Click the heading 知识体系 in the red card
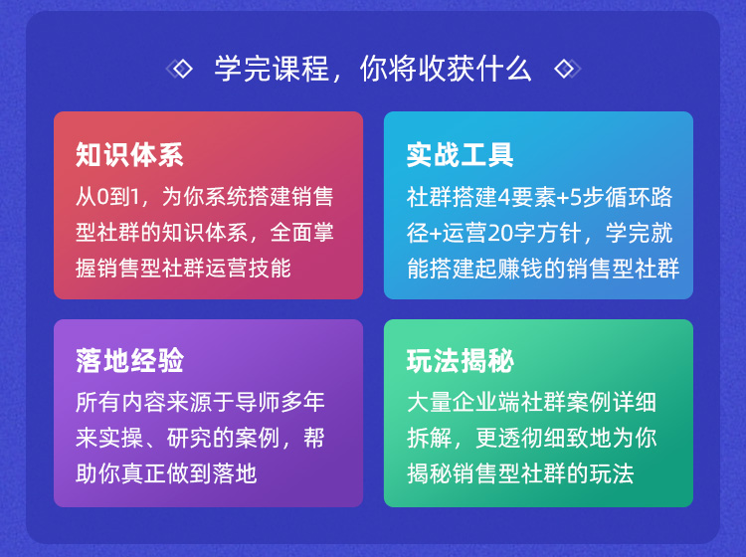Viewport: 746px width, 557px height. (x=129, y=154)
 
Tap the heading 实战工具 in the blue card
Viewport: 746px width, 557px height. (x=461, y=154)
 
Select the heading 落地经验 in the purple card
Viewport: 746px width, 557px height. (x=129, y=360)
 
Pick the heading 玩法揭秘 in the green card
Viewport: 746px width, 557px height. (x=461, y=360)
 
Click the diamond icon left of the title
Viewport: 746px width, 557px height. (x=179, y=69)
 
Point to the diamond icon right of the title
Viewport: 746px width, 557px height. (x=568, y=69)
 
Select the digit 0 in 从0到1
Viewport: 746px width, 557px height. (x=102, y=197)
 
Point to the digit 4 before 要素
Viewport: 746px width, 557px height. (x=503, y=197)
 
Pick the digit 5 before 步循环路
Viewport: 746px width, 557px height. (x=576, y=197)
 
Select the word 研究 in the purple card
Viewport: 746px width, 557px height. (x=189, y=438)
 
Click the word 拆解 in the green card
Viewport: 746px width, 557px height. (x=429, y=438)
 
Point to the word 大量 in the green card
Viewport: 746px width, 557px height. (x=429, y=402)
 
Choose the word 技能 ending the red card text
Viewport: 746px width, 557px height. (x=269, y=269)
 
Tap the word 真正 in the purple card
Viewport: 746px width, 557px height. (x=143, y=473)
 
